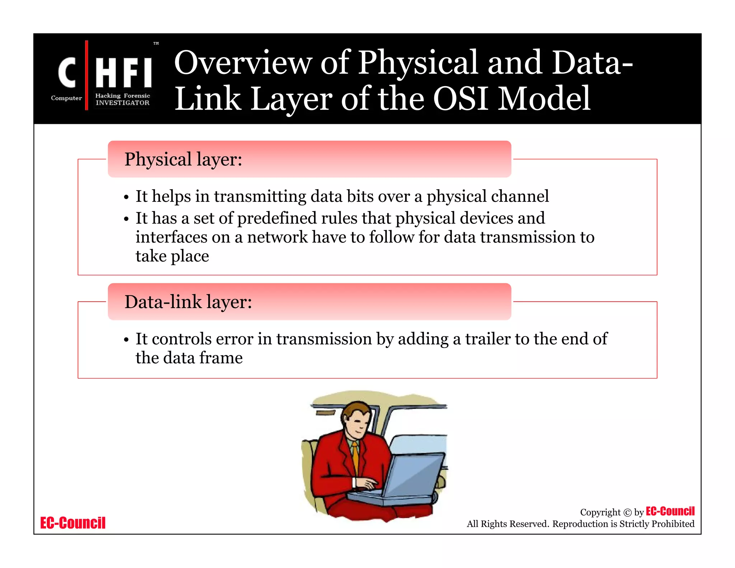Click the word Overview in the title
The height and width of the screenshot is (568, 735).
pyautogui.click(x=243, y=63)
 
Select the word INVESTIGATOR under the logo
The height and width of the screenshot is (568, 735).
pyautogui.click(x=122, y=103)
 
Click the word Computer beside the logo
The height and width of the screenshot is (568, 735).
pyautogui.click(x=66, y=98)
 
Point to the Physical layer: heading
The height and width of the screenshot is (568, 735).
pyautogui.click(x=183, y=159)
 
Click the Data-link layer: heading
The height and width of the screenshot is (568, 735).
pyautogui.click(x=188, y=302)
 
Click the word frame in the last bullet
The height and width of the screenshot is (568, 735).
pyautogui.click(x=221, y=358)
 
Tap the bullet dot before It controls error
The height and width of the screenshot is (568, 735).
pyautogui.click(x=126, y=340)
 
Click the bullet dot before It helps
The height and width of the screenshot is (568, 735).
pyautogui.click(x=126, y=197)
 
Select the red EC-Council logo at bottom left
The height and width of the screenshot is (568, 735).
pyautogui.click(x=73, y=523)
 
